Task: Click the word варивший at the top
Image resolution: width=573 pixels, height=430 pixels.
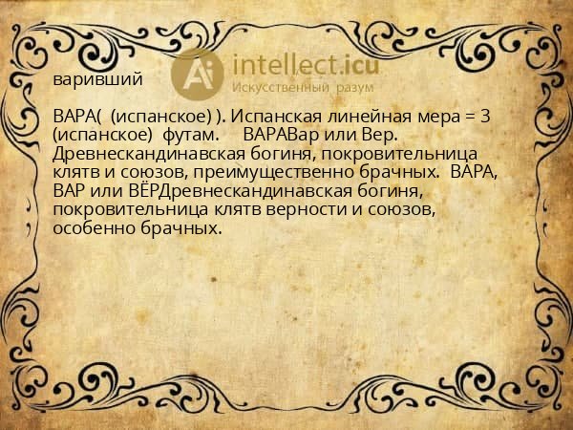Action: (98, 80)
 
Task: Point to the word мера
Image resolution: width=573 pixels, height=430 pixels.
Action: (435, 117)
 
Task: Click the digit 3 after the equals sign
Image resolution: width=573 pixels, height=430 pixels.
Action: (486, 117)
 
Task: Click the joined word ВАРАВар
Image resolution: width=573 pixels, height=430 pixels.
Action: (283, 135)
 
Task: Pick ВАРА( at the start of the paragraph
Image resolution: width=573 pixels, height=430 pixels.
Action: (77, 117)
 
